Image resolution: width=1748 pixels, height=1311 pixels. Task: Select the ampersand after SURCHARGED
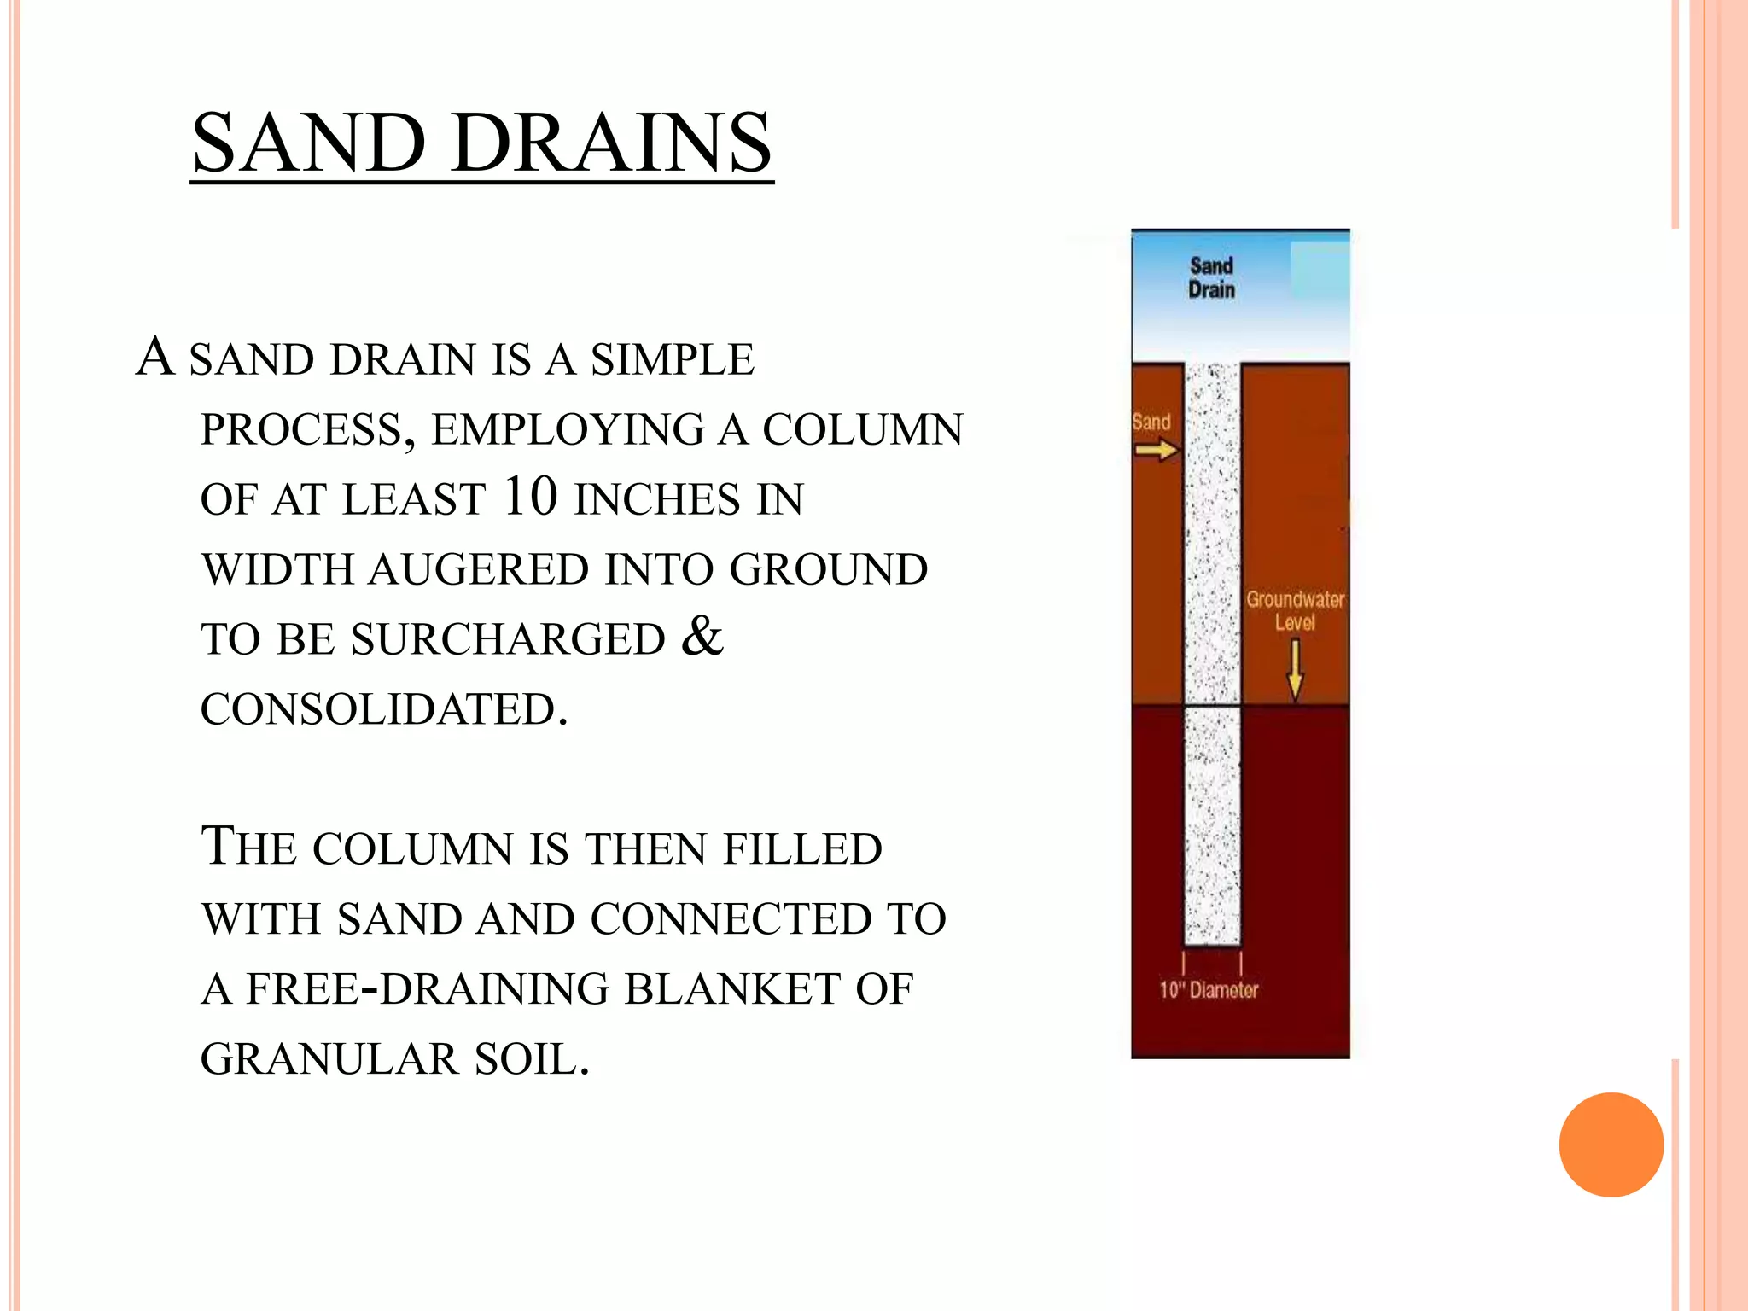point(702,636)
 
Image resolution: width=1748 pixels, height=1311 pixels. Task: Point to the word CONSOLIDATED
point(384,709)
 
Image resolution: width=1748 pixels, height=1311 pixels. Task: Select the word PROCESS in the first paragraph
point(307,429)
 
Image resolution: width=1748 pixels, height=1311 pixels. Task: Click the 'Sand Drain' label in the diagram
point(1211,278)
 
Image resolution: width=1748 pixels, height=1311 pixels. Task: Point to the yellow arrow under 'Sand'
point(1156,450)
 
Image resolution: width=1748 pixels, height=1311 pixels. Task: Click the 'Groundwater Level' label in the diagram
point(1294,610)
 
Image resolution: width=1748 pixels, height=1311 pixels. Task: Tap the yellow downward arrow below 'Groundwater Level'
point(1295,671)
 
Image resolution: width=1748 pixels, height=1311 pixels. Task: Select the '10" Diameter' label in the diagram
point(1208,990)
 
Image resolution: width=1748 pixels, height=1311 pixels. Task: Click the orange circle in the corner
point(1611,1145)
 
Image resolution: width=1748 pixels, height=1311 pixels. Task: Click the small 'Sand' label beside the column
point(1151,422)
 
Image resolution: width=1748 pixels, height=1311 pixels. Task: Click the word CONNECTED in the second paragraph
point(731,919)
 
